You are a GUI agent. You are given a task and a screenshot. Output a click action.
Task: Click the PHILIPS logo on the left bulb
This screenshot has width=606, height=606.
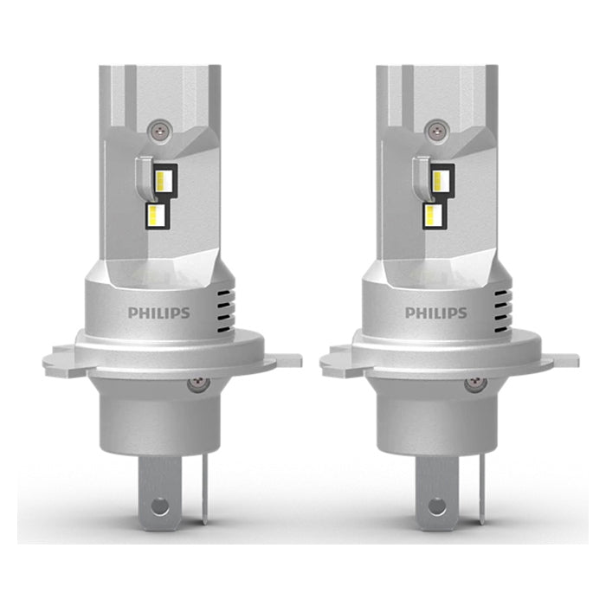tap(158, 313)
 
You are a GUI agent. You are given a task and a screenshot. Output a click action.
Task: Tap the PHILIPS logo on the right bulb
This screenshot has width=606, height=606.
tap(435, 313)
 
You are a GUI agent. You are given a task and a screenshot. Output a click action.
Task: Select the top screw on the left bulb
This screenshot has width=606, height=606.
tap(158, 128)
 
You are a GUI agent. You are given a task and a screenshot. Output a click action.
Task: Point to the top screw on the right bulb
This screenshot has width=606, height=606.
tap(435, 128)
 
